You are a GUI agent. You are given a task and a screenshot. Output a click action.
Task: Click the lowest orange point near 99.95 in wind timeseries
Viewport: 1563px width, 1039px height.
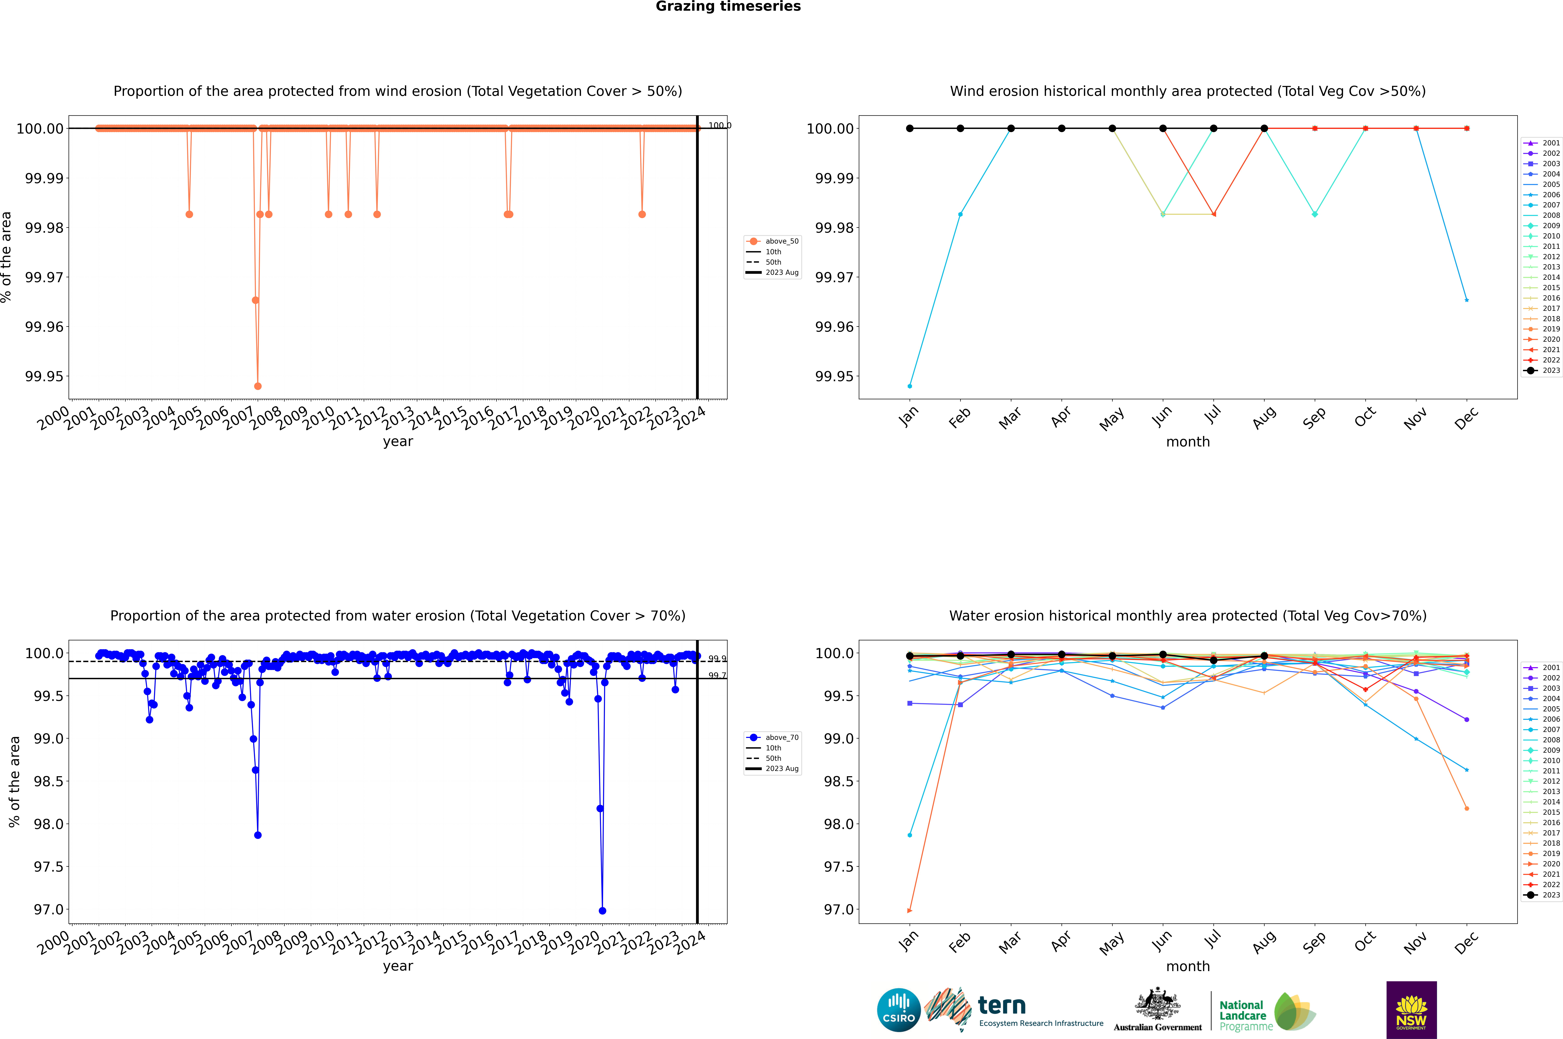[258, 386]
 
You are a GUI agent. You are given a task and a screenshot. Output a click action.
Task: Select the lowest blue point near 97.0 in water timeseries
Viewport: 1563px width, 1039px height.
[602, 910]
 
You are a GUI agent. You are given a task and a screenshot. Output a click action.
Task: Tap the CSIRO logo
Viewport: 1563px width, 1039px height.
[898, 1010]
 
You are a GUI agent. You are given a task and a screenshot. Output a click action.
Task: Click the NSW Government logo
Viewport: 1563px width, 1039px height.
[1411, 1010]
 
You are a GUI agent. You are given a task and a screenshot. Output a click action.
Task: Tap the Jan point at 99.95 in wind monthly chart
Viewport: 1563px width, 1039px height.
[910, 386]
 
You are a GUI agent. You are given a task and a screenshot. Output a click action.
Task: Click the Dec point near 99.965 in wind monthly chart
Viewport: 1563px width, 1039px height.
[1466, 300]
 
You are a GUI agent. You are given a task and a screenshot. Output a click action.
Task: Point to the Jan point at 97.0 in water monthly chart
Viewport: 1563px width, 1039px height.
[910, 910]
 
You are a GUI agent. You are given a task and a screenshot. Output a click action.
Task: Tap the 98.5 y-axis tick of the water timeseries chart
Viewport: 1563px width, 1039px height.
[48, 781]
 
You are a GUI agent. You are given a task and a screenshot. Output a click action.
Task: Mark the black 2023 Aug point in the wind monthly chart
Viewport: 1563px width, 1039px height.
[1264, 129]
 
